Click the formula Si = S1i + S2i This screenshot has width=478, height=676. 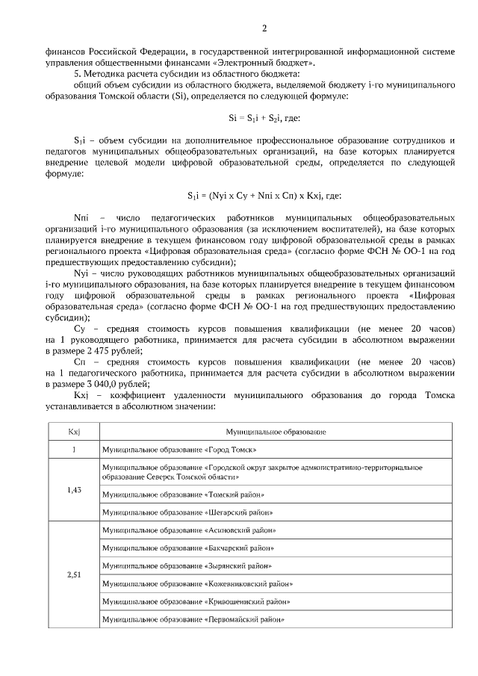click(264, 118)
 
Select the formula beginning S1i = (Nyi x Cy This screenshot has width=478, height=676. click(264, 195)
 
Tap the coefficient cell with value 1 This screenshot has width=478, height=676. click(74, 450)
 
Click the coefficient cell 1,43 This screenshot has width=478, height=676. click(74, 489)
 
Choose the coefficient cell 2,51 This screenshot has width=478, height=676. click(74, 575)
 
